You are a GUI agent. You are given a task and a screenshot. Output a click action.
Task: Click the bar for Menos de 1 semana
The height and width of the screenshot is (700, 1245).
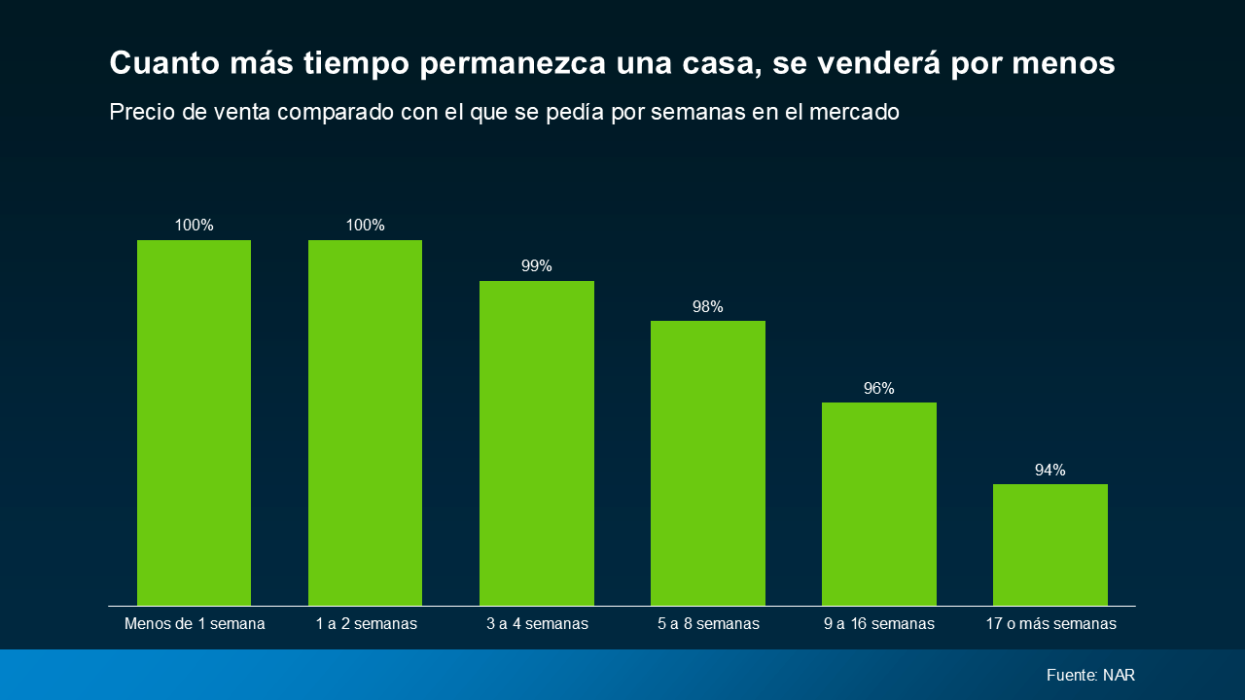[x=194, y=423]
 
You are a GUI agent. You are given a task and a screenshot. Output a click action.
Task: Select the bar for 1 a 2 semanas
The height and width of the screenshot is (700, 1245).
[x=365, y=423]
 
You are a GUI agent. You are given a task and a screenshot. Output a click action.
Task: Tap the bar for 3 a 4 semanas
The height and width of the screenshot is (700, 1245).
[x=536, y=443]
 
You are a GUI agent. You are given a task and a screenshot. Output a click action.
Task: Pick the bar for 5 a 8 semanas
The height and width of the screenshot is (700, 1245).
[x=707, y=464]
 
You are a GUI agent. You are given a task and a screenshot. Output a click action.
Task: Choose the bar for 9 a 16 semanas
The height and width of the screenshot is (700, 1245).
[x=878, y=505]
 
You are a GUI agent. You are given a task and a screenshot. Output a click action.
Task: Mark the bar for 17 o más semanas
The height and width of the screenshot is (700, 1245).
[x=1049, y=545]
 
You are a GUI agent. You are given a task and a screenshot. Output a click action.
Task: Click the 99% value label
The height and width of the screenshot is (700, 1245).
[x=536, y=265]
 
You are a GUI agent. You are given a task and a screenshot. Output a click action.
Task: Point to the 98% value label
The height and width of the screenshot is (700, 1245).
[x=707, y=306]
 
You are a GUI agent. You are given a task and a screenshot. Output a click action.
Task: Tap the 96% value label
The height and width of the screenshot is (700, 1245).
[x=878, y=388]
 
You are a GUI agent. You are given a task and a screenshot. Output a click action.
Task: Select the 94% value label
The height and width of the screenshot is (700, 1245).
[x=1049, y=470]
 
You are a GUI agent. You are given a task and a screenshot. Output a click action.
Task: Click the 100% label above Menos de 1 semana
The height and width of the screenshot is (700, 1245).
[x=194, y=225]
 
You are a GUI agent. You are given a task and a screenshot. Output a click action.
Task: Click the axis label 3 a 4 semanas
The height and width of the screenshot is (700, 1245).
[x=537, y=623]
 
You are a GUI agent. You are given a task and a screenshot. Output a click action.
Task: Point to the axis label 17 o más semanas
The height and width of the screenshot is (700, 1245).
[x=1050, y=623]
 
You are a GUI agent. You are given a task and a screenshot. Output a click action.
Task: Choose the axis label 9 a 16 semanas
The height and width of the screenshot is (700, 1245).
[x=878, y=623]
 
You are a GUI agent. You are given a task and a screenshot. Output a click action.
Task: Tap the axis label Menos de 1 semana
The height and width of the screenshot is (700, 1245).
[x=195, y=623]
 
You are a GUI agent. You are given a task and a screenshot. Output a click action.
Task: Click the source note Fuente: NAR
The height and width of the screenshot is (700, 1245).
[x=1090, y=675]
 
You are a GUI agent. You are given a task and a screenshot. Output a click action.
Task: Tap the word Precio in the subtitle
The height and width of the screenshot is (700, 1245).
[x=142, y=112]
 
